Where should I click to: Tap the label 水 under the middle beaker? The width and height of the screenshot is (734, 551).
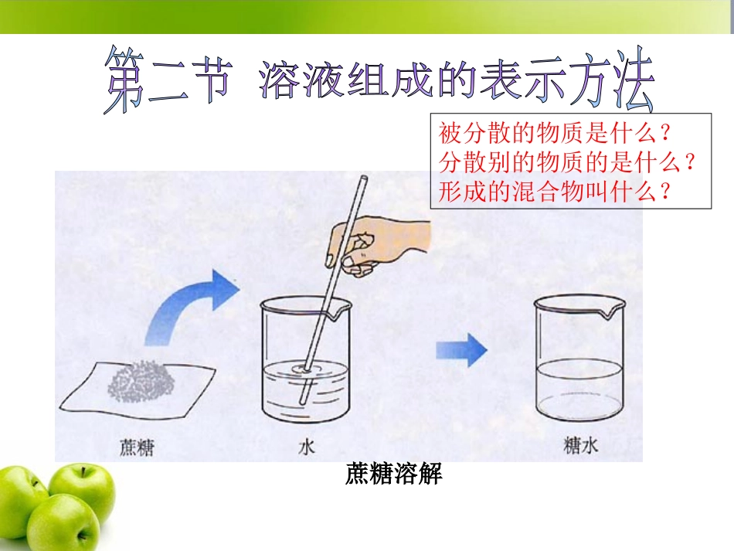click(305, 447)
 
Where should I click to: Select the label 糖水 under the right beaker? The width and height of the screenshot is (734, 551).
click(579, 446)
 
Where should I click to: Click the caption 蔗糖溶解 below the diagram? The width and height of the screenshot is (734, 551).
click(393, 474)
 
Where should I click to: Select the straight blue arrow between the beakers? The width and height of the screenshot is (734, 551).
click(461, 352)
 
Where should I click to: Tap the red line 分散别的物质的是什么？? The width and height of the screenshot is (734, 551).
click(569, 162)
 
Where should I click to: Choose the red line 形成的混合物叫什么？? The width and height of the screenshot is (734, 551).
click(554, 191)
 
